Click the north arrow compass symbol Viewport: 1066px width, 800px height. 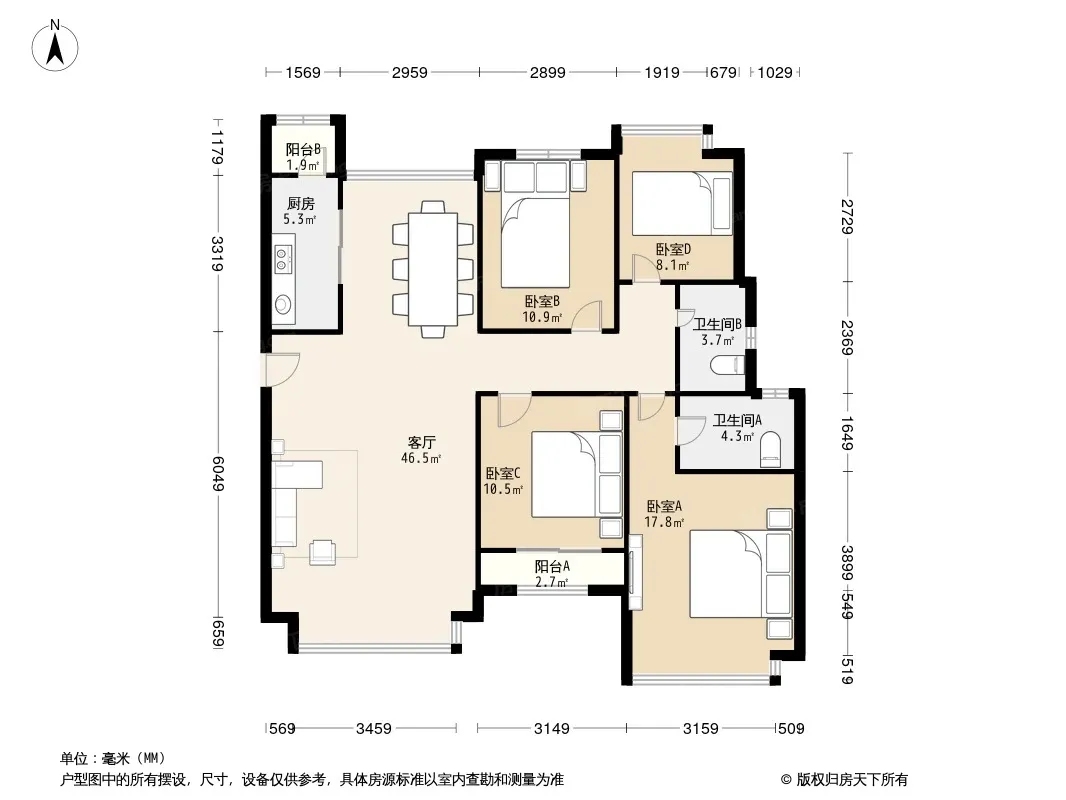[x=55, y=45]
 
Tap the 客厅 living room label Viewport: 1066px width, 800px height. [x=422, y=442]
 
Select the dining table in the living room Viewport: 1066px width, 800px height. [x=432, y=269]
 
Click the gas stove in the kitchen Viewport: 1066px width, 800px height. [x=282, y=258]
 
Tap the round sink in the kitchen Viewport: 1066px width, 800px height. [x=282, y=304]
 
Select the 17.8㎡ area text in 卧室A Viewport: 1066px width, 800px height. [x=664, y=522]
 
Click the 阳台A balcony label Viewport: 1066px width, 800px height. [x=552, y=566]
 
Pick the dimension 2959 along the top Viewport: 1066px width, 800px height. [x=409, y=73]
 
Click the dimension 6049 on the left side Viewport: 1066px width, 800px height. [x=218, y=473]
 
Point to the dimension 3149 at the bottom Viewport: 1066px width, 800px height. [x=551, y=729]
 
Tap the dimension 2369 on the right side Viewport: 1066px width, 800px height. [x=847, y=337]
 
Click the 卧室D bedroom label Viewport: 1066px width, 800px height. [x=673, y=249]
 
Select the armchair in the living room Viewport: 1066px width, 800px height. [x=322, y=553]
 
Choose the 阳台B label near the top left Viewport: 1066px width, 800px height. [x=303, y=150]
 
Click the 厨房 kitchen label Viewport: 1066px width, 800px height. [x=300, y=203]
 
